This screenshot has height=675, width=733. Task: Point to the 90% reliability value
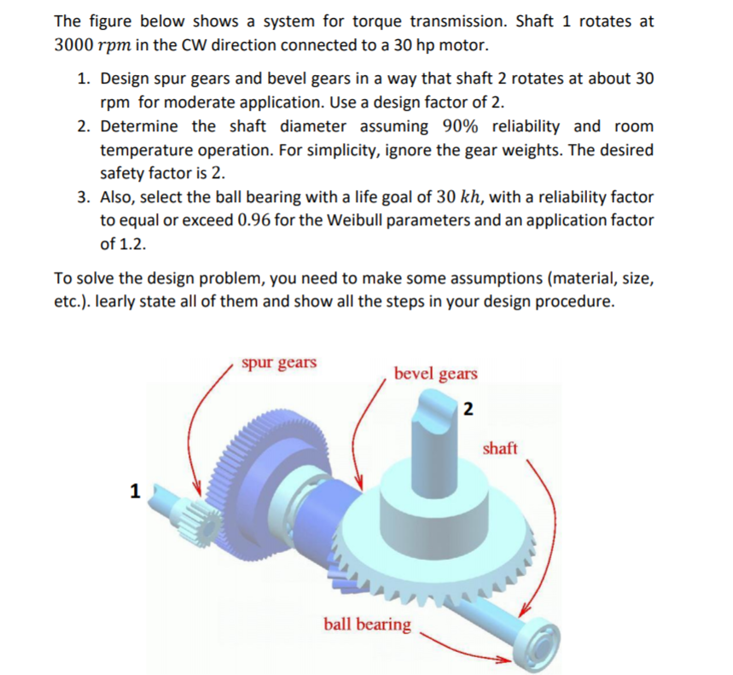point(462,126)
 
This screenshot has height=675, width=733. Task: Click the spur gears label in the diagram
point(278,362)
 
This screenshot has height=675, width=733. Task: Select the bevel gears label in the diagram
point(435,374)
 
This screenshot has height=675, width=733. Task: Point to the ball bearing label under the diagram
point(367,624)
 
